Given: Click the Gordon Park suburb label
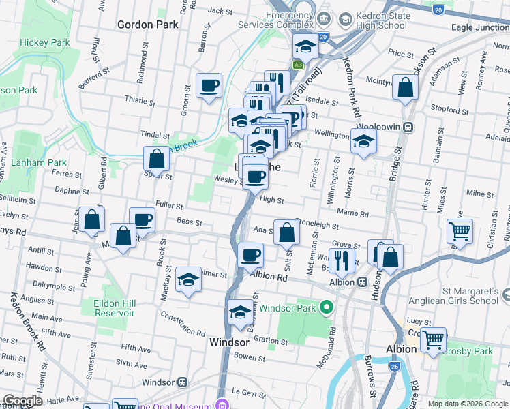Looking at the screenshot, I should point(147,25).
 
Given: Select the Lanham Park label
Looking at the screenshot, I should point(39,162).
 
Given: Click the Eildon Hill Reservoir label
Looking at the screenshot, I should point(115,308).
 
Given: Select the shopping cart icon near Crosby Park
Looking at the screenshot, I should point(433,339).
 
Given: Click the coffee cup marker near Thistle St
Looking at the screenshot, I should point(209,87).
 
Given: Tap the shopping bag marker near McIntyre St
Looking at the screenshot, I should point(405,88).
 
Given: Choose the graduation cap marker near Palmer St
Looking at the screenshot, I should point(188,279).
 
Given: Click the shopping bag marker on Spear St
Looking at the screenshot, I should point(157,160).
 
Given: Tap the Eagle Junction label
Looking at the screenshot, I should point(480,28).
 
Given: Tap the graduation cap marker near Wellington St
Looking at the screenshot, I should point(364,142).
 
